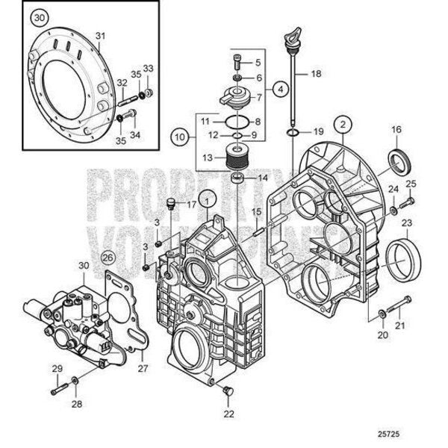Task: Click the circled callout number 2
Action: (x=342, y=123)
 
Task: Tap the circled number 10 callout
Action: (x=178, y=137)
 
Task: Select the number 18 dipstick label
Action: (x=315, y=74)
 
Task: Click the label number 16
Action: (x=396, y=130)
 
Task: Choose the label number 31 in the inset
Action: (x=101, y=35)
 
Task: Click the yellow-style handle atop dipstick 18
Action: (x=292, y=37)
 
